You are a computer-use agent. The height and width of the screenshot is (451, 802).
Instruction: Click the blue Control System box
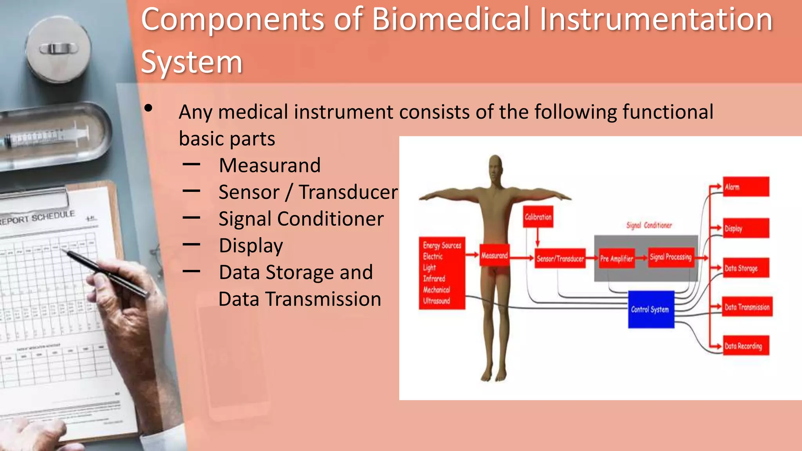(651, 309)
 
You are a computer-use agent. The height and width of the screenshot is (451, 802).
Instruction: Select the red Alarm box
(745, 187)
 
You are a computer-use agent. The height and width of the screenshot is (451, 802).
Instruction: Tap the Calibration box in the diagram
(538, 217)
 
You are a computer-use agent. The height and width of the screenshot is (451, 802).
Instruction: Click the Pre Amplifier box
(616, 258)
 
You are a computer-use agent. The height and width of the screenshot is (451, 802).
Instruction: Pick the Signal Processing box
(670, 257)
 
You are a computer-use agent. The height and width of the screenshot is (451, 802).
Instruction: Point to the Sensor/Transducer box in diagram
(560, 258)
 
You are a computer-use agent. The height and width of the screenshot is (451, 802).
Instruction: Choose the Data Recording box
(745, 346)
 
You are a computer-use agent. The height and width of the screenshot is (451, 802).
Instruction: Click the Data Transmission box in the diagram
(746, 307)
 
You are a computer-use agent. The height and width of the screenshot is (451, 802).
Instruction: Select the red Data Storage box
(745, 268)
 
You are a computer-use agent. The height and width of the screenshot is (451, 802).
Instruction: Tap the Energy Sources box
(442, 273)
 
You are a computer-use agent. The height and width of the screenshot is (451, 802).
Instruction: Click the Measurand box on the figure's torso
(494, 256)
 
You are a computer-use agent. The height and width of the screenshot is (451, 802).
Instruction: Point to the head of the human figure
(495, 166)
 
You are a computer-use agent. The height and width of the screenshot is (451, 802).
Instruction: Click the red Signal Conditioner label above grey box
(648, 225)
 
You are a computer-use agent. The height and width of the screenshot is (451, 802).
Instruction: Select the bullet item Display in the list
(251, 246)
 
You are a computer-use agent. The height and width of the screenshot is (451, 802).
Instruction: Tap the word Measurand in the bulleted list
(269, 165)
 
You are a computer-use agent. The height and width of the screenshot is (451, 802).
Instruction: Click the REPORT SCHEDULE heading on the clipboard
(37, 218)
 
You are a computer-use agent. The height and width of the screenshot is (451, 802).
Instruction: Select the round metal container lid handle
(58, 49)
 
